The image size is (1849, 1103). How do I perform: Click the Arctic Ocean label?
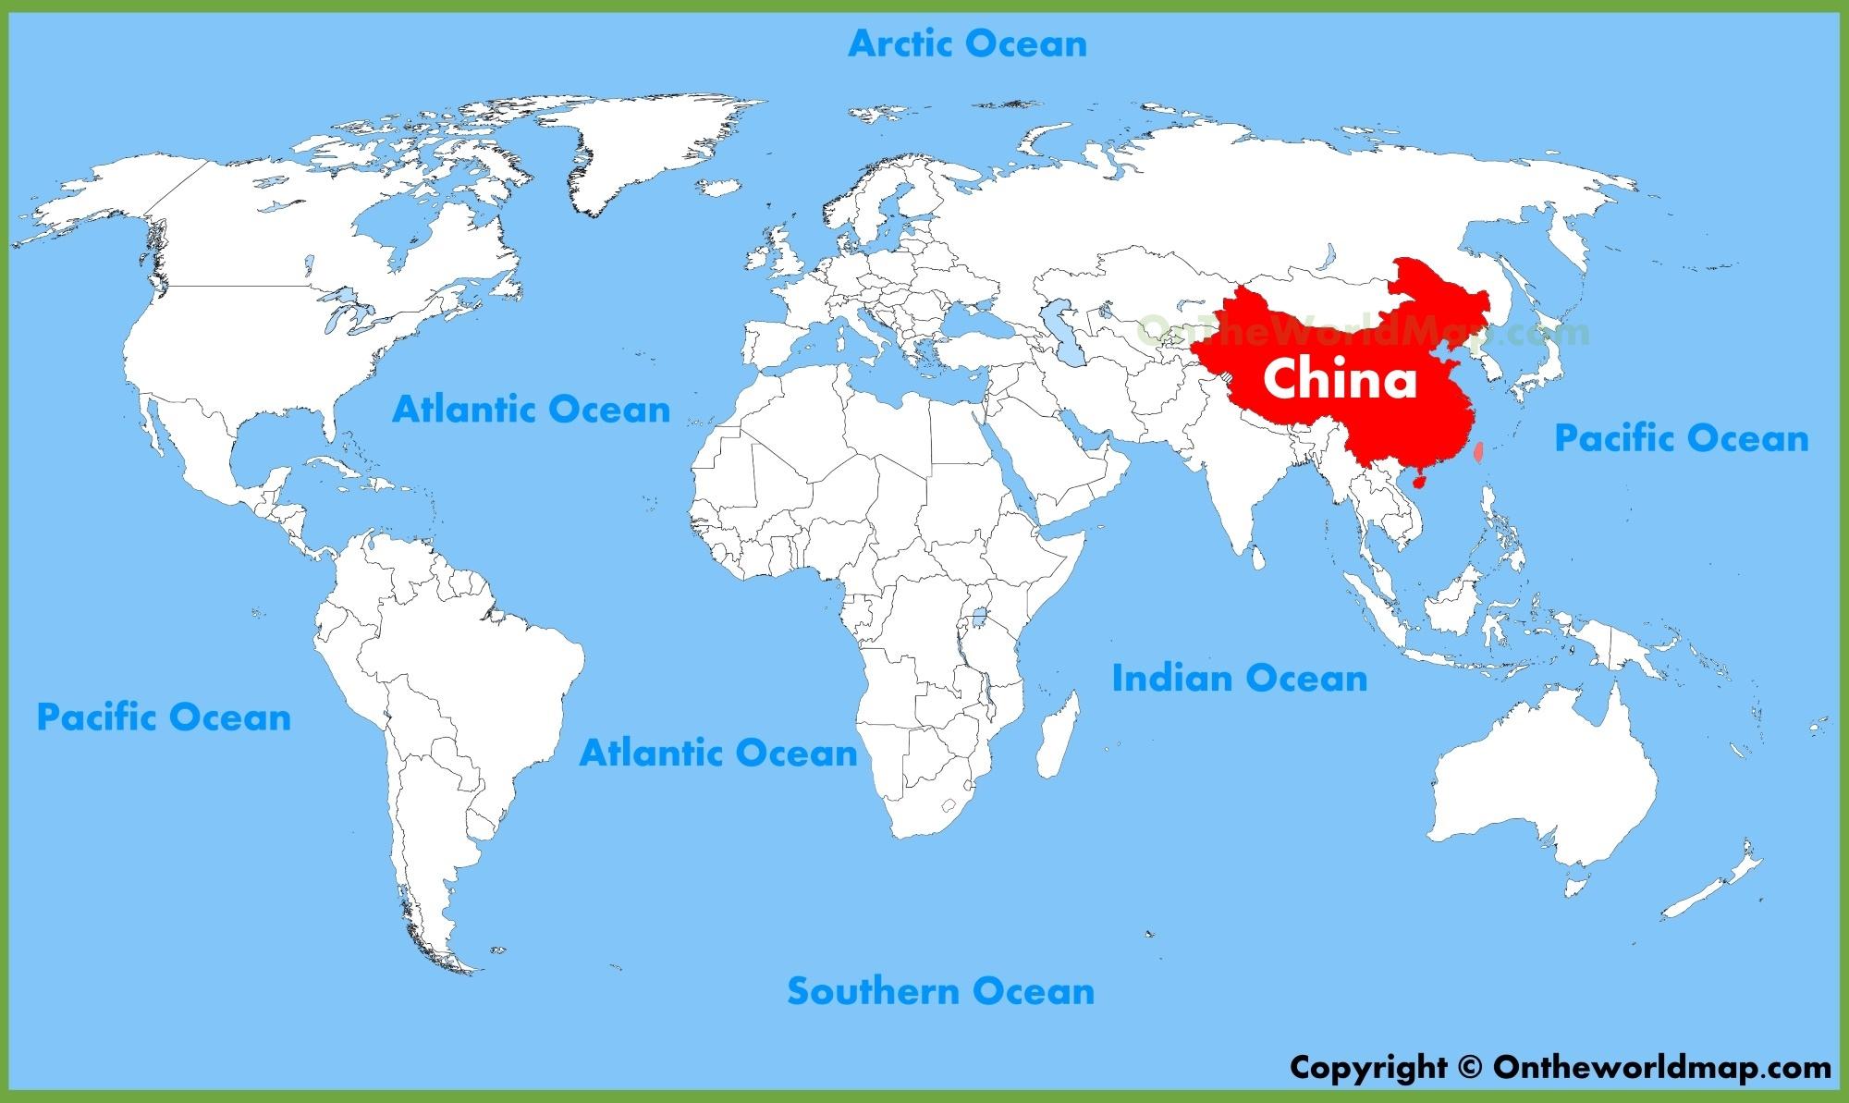click(x=967, y=43)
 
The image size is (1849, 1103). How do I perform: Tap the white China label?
click(x=1340, y=380)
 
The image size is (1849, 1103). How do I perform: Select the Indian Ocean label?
click(x=1239, y=678)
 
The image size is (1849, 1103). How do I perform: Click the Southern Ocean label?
click(x=940, y=991)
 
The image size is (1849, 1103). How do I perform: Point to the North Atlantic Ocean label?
click(x=532, y=409)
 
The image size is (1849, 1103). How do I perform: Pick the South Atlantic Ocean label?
click(x=718, y=753)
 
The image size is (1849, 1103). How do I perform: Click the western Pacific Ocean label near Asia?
click(x=1681, y=437)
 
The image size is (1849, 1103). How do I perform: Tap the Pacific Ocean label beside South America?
click(x=164, y=717)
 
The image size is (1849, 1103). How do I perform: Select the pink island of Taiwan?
click(x=1477, y=452)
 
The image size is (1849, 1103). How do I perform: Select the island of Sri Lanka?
click(x=1257, y=558)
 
